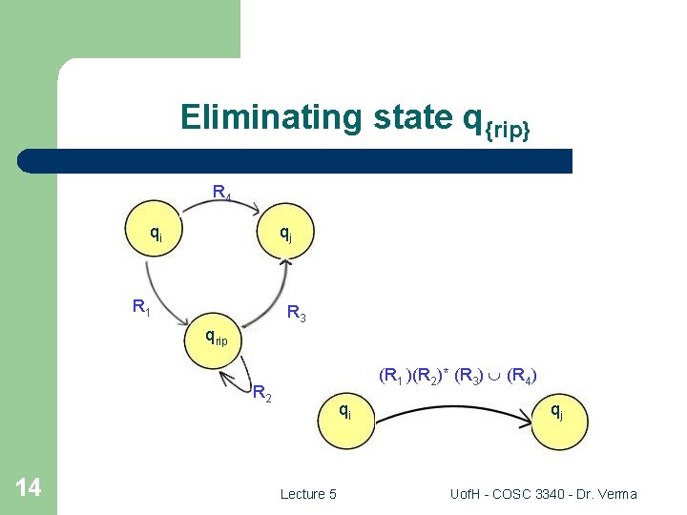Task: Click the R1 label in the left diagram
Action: pyautogui.click(x=141, y=307)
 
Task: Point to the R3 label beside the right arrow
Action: pyautogui.click(x=297, y=313)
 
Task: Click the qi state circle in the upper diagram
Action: pyautogui.click(x=156, y=232)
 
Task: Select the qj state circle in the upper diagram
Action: pyautogui.click(x=284, y=232)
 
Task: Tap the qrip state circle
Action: pyautogui.click(x=215, y=336)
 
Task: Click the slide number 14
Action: pyautogui.click(x=29, y=488)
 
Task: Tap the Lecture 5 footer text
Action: pyautogui.click(x=308, y=494)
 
